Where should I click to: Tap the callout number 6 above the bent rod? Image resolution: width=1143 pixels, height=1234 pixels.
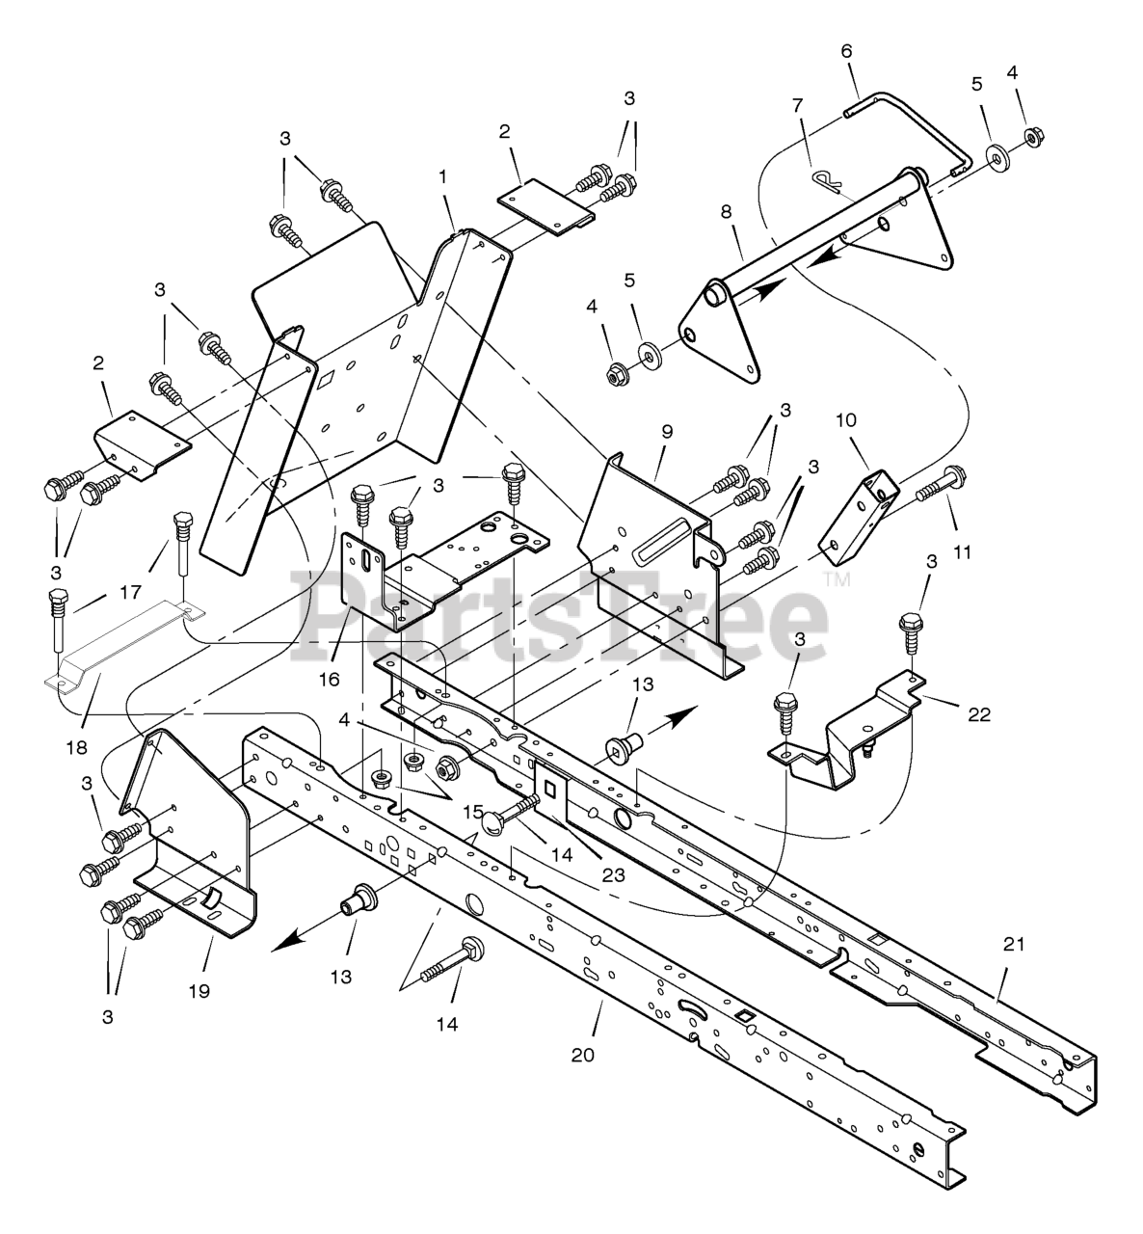click(x=847, y=51)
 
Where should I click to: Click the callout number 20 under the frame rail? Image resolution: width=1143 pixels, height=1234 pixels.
click(x=581, y=1055)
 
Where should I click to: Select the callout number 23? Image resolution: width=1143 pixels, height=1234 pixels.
click(x=613, y=875)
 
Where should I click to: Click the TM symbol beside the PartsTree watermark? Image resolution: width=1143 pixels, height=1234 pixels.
click(x=836, y=578)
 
